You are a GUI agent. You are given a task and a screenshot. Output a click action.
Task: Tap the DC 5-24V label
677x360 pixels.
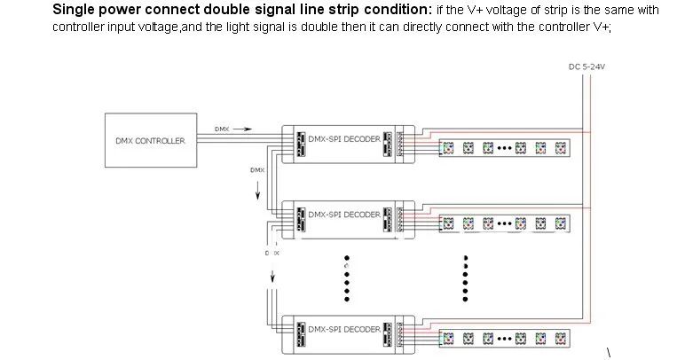click(x=586, y=67)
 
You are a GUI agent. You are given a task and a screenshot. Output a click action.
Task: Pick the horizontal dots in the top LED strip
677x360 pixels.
click(x=505, y=148)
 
